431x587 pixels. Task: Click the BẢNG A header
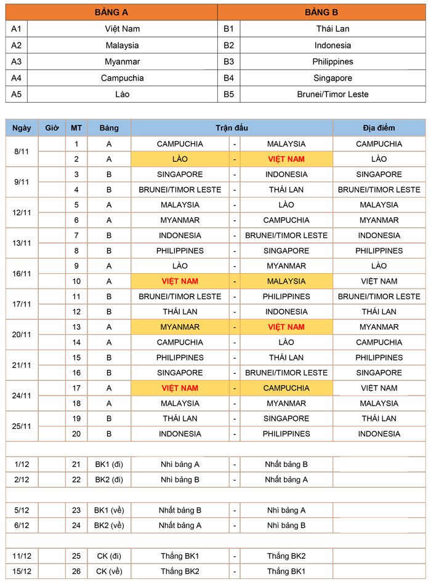(111, 12)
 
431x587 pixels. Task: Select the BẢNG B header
(321, 12)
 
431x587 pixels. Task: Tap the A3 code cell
(17, 62)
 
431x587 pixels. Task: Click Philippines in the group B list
(332, 62)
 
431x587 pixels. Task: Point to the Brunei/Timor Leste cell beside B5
(332, 95)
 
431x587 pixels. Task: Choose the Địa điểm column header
(379, 128)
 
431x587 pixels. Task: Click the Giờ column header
(52, 128)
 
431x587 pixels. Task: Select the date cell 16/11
(22, 273)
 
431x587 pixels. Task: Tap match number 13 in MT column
(76, 327)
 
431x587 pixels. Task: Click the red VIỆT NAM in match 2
(286, 159)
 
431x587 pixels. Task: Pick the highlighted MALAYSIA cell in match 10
(286, 281)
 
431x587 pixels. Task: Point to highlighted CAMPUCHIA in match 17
(286, 388)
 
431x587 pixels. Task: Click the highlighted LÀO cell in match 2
(180, 159)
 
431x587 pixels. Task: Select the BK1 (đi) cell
(109, 464)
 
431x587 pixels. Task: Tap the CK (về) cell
(109, 571)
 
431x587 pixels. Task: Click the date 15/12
(22, 571)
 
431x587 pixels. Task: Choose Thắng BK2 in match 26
(180, 571)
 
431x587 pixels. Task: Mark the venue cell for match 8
(379, 250)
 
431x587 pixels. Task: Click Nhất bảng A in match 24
(180, 525)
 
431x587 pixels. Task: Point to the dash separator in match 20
(235, 434)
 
